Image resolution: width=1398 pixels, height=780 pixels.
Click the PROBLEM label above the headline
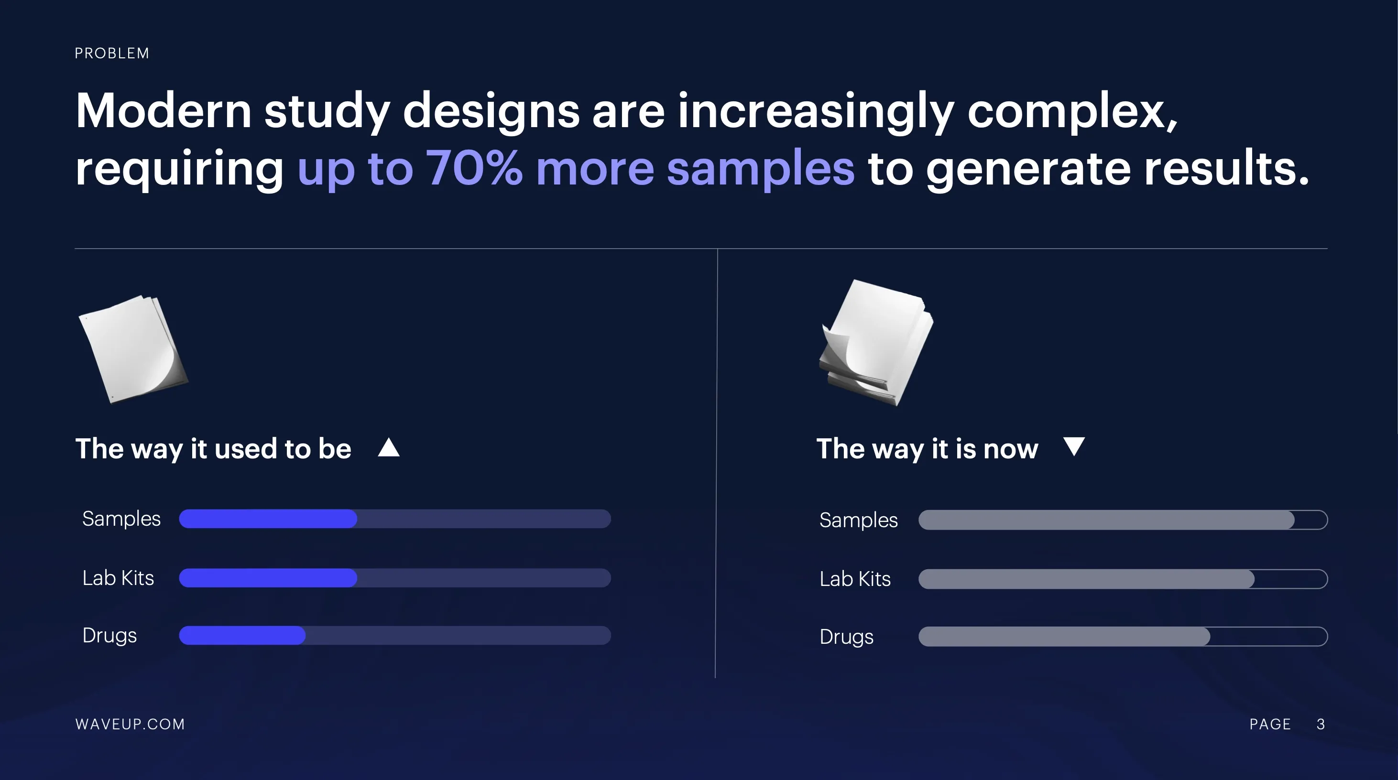click(x=112, y=53)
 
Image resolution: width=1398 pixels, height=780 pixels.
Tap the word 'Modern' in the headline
click(x=164, y=111)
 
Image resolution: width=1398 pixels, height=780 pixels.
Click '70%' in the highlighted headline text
click(x=474, y=168)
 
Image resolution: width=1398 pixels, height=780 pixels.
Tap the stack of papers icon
click(x=876, y=343)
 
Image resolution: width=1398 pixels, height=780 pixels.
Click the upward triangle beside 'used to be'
click(x=389, y=447)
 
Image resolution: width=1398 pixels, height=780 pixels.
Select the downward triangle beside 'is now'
click(x=1074, y=446)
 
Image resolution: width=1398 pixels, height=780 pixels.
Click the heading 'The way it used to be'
click(x=213, y=449)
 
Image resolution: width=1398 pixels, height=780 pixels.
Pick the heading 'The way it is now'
click(x=928, y=449)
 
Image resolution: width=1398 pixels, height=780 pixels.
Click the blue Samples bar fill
click(x=268, y=519)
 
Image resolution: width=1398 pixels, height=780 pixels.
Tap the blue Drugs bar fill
click(x=242, y=635)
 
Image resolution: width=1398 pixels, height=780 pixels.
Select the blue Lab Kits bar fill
click(x=268, y=578)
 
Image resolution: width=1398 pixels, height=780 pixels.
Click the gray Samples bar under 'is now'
click(x=1106, y=520)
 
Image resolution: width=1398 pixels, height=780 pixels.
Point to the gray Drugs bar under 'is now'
click(x=1064, y=636)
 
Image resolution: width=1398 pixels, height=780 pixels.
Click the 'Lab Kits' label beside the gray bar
click(x=855, y=579)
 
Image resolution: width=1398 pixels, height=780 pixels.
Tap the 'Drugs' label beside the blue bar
click(x=109, y=635)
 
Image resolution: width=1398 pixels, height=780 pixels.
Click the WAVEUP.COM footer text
click(x=130, y=724)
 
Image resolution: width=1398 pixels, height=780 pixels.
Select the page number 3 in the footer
click(x=1321, y=724)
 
